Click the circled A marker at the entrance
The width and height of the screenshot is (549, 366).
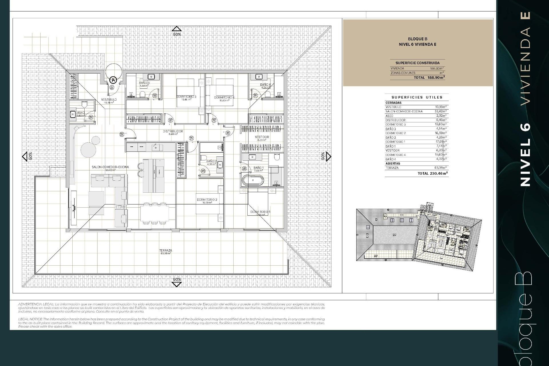[114, 80]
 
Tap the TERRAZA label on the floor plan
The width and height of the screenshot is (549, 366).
[166, 251]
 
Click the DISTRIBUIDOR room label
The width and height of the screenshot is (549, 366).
[173, 132]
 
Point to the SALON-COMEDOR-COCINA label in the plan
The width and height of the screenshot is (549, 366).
[110, 167]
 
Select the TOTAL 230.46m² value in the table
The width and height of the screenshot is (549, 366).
[433, 173]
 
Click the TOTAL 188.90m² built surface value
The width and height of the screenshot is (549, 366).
[429, 77]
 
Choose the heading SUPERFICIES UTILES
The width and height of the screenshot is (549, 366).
[417, 97]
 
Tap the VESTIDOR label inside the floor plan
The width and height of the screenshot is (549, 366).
[262, 137]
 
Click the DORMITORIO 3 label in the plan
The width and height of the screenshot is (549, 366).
[186, 97]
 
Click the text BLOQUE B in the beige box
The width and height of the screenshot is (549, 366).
[417, 39]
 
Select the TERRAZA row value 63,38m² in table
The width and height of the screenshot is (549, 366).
[440, 168]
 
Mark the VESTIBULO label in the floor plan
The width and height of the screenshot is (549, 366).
[109, 100]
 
